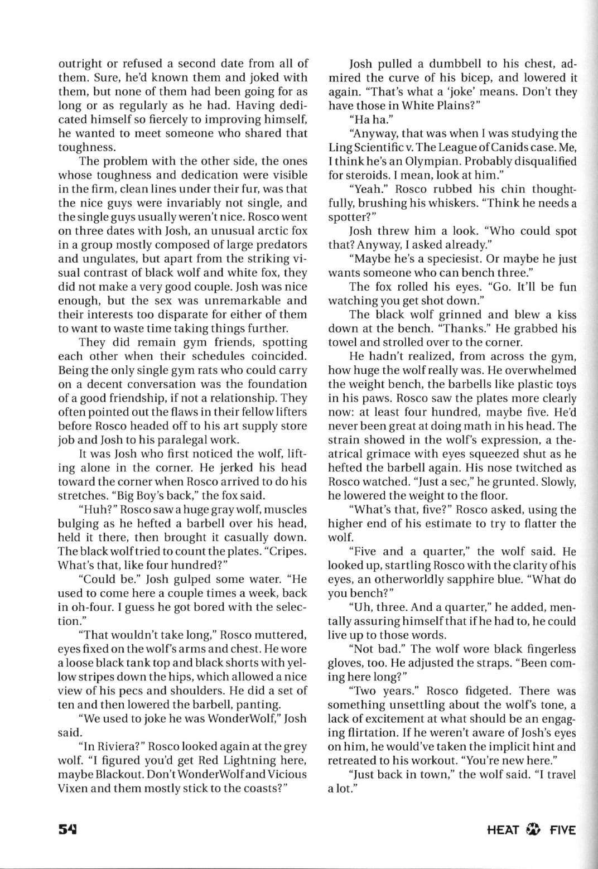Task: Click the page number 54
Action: [x=67, y=829]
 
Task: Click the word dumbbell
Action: [x=443, y=63]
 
